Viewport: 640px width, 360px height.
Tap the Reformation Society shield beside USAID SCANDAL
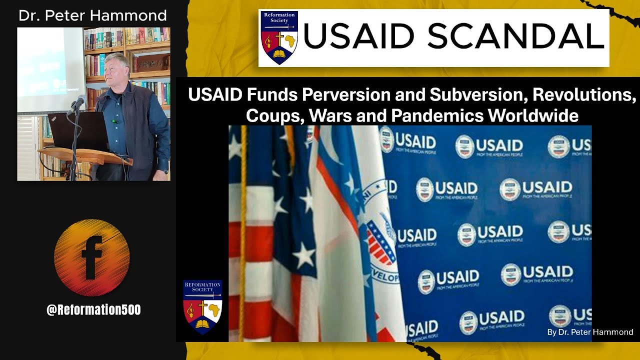coord(279,37)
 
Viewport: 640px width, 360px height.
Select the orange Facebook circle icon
coord(92,258)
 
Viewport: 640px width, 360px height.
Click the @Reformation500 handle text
coord(93,310)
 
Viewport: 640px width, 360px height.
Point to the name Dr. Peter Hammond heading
coord(92,15)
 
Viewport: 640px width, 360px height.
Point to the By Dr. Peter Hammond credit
coord(590,332)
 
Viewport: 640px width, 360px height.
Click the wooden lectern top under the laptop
coord(85,154)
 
